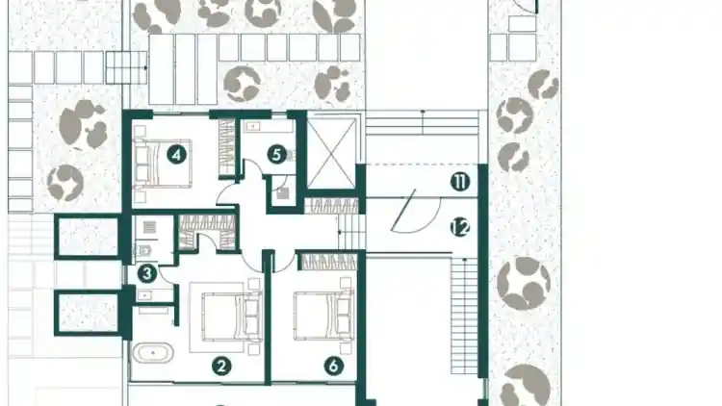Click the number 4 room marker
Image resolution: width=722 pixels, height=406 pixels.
[x=177, y=155]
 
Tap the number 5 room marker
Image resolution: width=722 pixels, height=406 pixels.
[x=276, y=155]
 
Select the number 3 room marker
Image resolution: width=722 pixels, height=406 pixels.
[x=147, y=274]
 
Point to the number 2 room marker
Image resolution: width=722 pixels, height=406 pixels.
[x=221, y=367]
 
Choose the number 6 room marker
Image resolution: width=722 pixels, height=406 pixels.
[x=334, y=367]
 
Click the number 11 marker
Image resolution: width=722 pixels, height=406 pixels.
[x=460, y=182]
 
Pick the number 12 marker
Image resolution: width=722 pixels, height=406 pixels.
[x=460, y=227]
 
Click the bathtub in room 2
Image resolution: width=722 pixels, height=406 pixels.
[x=153, y=353]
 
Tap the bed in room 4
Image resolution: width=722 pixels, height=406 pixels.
[x=162, y=164]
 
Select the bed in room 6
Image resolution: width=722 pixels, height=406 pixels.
[x=323, y=316]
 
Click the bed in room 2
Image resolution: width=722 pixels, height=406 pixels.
[x=232, y=317]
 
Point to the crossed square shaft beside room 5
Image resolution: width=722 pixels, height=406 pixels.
[x=331, y=153]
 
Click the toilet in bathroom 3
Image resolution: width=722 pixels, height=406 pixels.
[x=143, y=251]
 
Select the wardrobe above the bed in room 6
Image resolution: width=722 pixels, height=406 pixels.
[x=329, y=262]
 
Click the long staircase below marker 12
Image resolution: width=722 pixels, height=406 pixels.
[x=464, y=317]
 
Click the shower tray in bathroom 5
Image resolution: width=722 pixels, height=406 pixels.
[x=284, y=192]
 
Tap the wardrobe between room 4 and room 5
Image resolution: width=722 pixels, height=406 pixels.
[x=226, y=147]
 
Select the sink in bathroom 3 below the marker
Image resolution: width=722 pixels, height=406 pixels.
[x=145, y=295]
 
